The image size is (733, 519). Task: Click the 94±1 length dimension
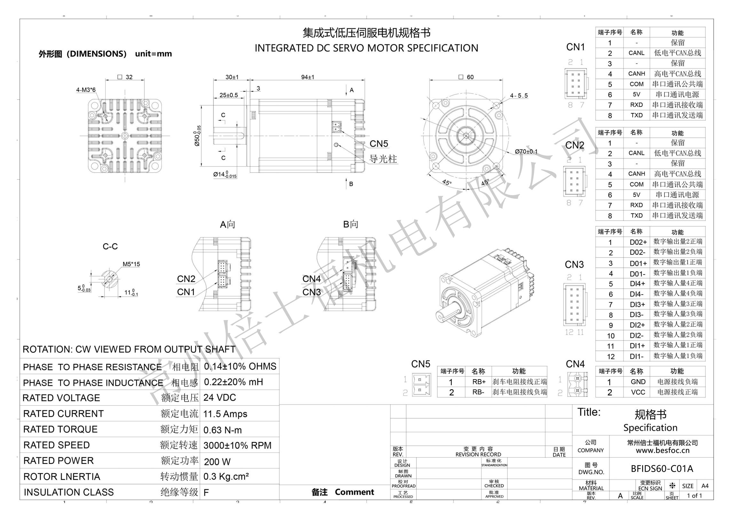coord(307,77)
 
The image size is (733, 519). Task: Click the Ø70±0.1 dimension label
coord(526,151)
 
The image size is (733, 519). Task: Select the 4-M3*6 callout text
coord(86,90)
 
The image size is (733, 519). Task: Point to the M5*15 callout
coord(131,264)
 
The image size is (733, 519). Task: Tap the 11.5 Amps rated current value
coord(225,414)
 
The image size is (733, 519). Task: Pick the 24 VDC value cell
coord(220,397)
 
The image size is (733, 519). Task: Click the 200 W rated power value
coord(217,461)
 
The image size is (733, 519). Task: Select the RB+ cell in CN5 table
coord(479,382)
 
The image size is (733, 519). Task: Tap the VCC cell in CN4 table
coord(638,392)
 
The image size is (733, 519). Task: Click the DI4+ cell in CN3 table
coord(637,284)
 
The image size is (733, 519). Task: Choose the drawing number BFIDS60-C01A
coord(662,469)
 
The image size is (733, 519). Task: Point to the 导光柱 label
coord(383,159)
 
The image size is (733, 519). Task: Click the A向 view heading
coord(227,224)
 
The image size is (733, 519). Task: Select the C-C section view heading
coord(110,246)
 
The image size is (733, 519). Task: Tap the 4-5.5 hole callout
coord(519,96)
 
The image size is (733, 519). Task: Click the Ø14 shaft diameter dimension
coord(225,174)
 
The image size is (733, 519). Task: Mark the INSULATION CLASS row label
coord(69,492)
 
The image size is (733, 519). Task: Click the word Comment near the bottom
coord(354,492)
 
